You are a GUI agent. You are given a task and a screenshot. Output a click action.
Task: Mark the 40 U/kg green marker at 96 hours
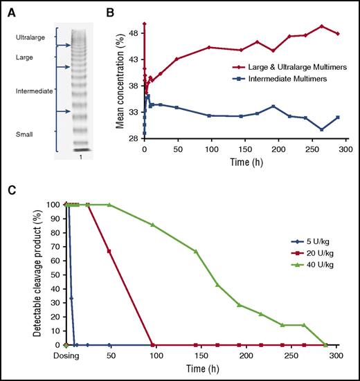[152, 225]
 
